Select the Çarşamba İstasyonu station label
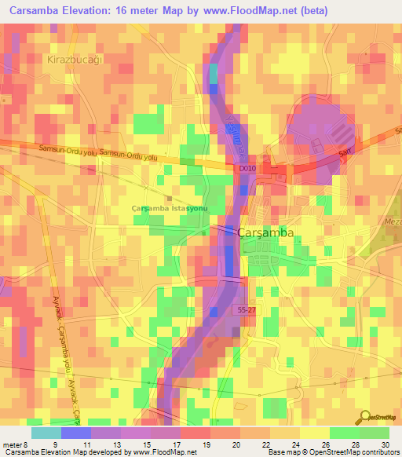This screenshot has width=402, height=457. click(168, 208)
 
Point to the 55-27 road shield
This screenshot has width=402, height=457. click(247, 311)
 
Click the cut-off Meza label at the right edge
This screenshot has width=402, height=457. click(391, 221)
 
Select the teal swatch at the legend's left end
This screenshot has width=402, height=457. click(46, 432)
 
